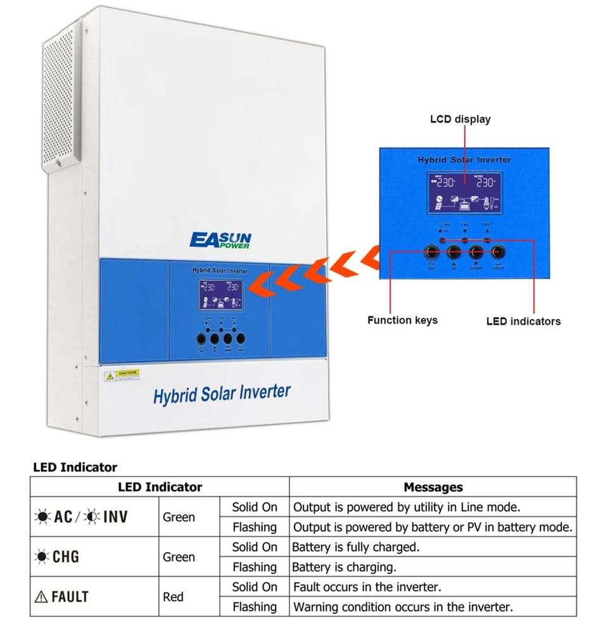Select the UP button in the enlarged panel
(453, 252)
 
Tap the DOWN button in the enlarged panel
(476, 252)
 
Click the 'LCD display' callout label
(460, 118)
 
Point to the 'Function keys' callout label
(402, 320)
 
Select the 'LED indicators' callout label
(523, 321)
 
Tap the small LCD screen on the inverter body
(220, 295)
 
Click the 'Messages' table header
(433, 487)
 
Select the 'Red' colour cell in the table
(174, 597)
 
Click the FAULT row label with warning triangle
(63, 597)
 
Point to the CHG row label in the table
(58, 557)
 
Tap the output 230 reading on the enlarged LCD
(484, 183)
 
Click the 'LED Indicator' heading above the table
(75, 468)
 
